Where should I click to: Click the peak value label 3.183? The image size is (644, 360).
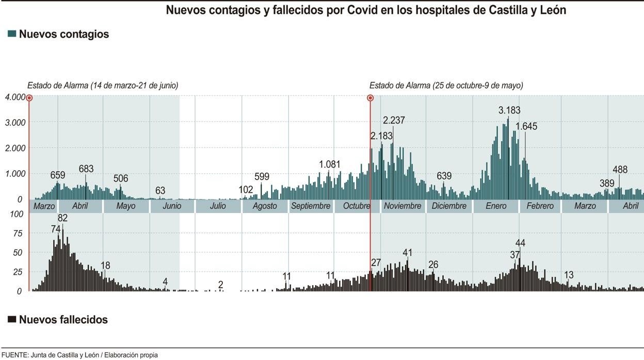click(x=509, y=110)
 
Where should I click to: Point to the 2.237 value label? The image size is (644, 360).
click(x=394, y=120)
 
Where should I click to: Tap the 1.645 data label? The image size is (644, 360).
click(x=526, y=126)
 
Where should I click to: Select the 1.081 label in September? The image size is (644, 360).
click(x=330, y=164)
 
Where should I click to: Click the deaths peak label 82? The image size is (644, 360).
click(x=63, y=218)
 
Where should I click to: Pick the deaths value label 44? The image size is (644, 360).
click(x=520, y=243)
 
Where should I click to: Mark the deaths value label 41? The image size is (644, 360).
click(x=408, y=252)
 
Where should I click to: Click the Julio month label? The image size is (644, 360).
click(x=218, y=206)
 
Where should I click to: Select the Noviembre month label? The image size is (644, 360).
click(x=403, y=206)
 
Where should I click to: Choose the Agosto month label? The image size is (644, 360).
click(x=264, y=206)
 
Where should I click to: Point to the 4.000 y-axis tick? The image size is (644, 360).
click(x=14, y=97)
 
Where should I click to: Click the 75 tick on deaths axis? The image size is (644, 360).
click(x=18, y=233)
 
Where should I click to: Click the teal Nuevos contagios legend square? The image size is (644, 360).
click(x=12, y=34)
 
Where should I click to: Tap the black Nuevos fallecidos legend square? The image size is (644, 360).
click(x=12, y=319)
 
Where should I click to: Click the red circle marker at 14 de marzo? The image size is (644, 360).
click(x=29, y=97)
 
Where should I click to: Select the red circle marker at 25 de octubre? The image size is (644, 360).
click(x=370, y=97)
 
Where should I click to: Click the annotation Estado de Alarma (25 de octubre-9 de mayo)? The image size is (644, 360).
click(x=446, y=86)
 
